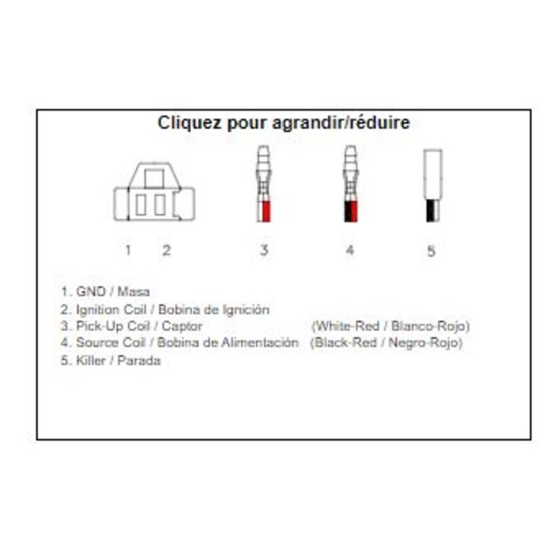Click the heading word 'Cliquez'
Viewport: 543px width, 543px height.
[x=189, y=122]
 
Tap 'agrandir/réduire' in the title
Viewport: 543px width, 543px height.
[x=341, y=123]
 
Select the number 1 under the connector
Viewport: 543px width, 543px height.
[x=128, y=250]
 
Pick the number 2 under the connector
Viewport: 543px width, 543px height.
[x=166, y=250]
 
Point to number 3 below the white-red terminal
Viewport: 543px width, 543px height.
[x=264, y=250]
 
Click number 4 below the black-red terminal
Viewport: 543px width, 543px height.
[x=350, y=250]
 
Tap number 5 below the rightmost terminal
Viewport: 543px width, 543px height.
[x=431, y=251]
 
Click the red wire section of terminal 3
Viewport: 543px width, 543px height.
[x=266, y=211]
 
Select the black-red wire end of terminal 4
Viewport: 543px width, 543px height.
[x=351, y=211]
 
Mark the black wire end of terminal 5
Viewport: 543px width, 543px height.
[x=430, y=210]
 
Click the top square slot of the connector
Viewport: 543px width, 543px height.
[x=154, y=179]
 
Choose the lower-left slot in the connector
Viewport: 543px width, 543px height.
[x=141, y=205]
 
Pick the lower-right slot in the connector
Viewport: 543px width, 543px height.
[x=160, y=205]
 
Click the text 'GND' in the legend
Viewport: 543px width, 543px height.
[x=91, y=292]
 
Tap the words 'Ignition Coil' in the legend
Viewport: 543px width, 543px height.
[x=111, y=310]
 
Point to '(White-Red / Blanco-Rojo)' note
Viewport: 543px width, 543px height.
[x=391, y=326]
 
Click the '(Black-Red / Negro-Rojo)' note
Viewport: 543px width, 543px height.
[x=386, y=343]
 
